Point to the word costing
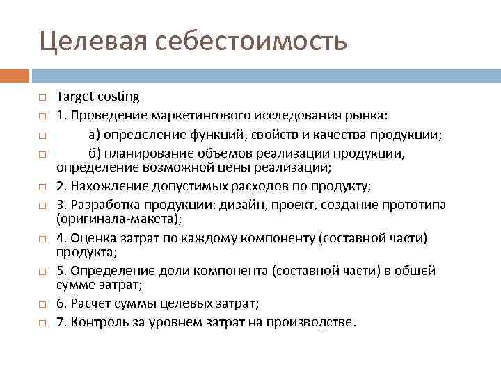(x=119, y=97)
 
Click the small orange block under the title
(x=14, y=75)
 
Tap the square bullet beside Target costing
(x=42, y=98)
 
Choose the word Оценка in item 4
(x=90, y=238)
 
